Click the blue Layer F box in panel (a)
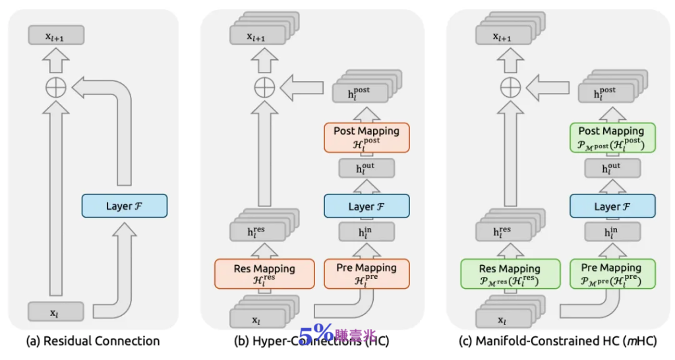(125, 206)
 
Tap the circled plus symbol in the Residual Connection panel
(56, 86)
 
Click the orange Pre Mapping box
(367, 273)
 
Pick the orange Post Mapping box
(367, 136)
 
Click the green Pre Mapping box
(612, 273)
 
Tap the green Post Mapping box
(612, 136)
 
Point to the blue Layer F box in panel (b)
(367, 207)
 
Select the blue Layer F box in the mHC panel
(612, 207)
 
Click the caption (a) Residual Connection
(92, 341)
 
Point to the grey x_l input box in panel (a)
(56, 311)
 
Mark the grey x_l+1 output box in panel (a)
(56, 36)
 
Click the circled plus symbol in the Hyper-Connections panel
(264, 86)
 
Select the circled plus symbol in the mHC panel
(510, 86)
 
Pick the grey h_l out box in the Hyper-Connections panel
(367, 168)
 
